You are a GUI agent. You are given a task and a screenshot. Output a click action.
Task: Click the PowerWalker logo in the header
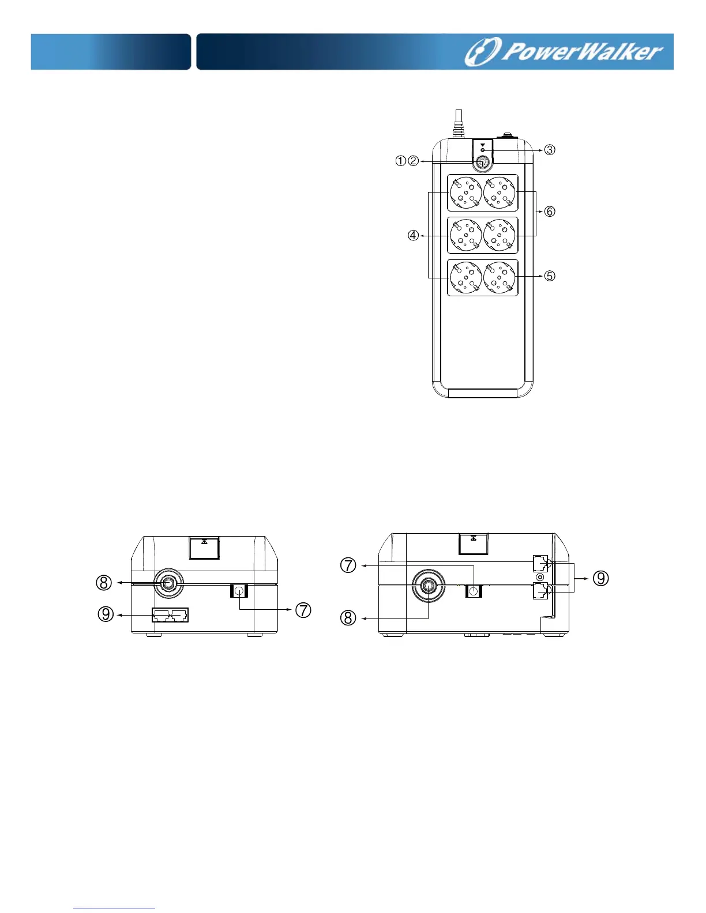point(564,52)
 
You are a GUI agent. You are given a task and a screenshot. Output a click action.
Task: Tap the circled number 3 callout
point(550,150)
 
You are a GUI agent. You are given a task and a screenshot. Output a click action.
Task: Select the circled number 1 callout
point(401,160)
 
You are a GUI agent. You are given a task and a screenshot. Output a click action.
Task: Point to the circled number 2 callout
point(414,160)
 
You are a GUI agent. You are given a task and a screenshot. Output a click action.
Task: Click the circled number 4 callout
point(414,236)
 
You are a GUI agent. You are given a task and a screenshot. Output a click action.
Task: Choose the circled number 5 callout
point(550,276)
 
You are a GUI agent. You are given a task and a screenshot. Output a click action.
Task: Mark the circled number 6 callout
point(550,212)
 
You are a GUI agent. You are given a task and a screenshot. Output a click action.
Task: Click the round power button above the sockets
point(482,163)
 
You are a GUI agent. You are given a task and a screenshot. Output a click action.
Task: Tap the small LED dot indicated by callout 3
point(482,150)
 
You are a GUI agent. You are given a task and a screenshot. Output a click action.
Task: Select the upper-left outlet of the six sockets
point(466,193)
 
